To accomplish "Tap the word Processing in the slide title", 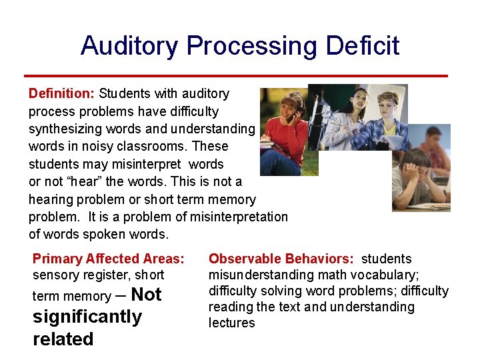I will tap(253, 46).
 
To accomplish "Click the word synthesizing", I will tap(65, 129).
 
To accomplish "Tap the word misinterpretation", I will tap(239, 217).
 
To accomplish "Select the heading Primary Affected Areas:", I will tap(108, 259).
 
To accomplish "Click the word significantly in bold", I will tap(87, 317).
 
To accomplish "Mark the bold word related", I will tap(63, 339).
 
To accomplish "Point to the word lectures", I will tap(231, 323).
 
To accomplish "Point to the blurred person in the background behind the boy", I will tap(435, 150).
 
